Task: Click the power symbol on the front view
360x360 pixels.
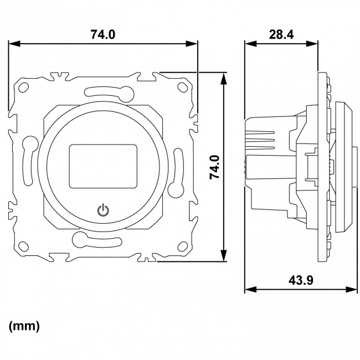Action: (103, 210)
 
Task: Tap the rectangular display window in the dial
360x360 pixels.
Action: (103, 165)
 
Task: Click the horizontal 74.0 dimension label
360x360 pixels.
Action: (103, 34)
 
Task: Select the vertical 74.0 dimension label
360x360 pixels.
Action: (215, 166)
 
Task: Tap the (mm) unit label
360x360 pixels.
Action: (24, 326)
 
